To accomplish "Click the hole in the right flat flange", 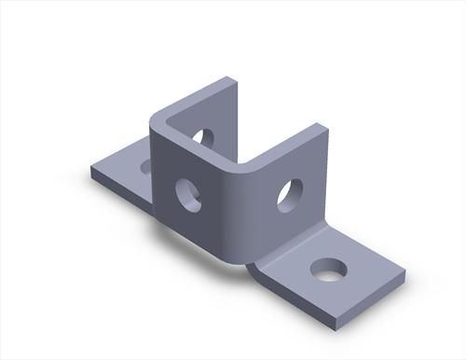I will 328,270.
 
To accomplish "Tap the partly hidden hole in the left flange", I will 146,167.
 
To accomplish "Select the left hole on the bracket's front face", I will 189,193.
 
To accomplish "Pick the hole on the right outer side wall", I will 289,195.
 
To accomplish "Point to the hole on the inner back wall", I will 202,138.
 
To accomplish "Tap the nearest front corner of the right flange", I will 329,328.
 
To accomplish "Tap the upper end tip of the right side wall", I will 326,127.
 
